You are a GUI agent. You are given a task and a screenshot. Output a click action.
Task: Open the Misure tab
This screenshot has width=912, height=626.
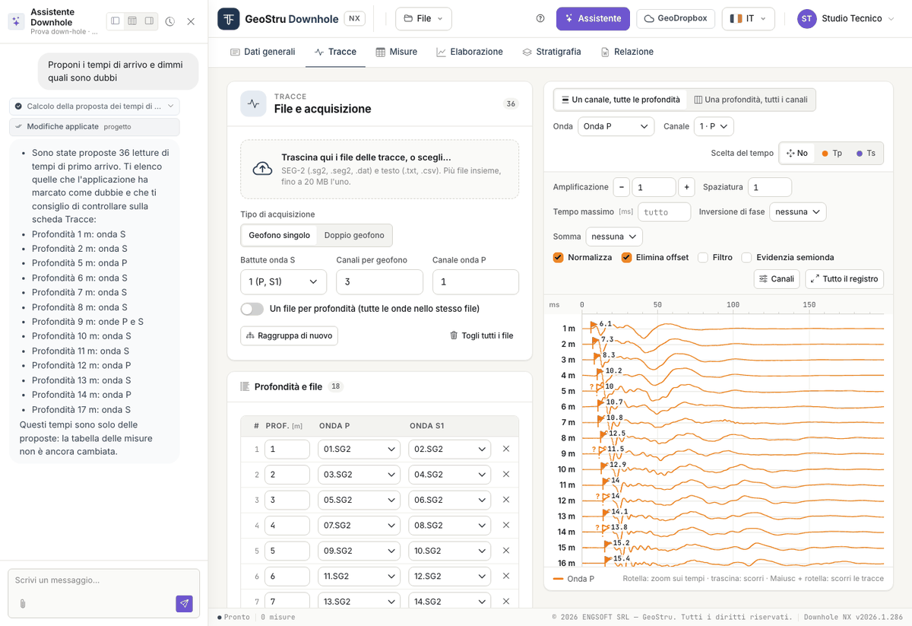point(397,52)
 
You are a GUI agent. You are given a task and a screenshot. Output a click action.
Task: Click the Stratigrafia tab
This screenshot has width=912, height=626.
point(552,52)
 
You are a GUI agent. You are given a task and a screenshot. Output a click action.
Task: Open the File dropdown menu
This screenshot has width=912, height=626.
point(423,19)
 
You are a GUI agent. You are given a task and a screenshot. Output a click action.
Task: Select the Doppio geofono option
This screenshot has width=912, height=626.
point(354,235)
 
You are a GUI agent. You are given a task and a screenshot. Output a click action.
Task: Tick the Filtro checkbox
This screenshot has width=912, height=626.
point(703,258)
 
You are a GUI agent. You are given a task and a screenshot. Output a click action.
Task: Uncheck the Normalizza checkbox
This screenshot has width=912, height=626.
point(558,258)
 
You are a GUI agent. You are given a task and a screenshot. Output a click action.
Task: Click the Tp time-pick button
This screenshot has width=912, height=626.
point(831,153)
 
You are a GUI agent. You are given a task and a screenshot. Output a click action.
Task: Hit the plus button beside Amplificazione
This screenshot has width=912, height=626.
point(686,187)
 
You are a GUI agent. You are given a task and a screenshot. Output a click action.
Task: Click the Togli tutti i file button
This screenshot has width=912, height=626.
point(481,335)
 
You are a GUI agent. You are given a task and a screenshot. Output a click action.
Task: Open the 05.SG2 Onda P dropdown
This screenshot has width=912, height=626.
point(359,500)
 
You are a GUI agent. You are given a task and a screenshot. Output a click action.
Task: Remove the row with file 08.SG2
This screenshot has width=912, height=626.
point(506,525)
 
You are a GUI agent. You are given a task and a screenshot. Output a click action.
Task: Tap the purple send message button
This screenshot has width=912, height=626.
point(185,603)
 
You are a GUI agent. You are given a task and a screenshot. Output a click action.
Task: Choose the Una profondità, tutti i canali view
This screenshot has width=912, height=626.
point(751,100)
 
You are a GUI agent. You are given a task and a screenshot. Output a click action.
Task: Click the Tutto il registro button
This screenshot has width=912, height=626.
point(844,278)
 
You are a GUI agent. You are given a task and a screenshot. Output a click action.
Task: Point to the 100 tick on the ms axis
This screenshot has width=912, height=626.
point(733,304)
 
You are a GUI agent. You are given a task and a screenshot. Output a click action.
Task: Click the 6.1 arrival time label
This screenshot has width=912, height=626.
point(606,323)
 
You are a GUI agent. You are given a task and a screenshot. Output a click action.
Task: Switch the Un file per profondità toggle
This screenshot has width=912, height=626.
point(252,309)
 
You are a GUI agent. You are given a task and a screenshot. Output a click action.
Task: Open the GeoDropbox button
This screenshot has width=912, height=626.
point(676,19)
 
